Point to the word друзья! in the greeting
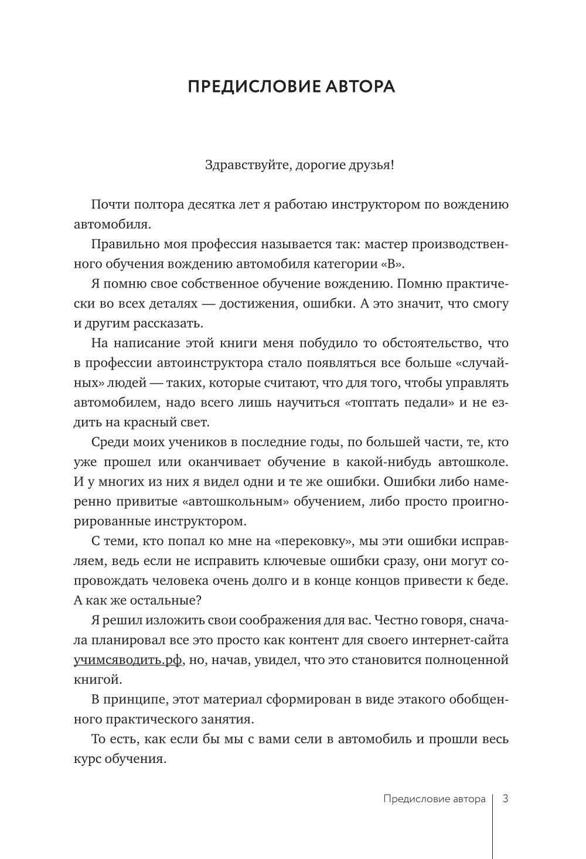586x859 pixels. point(372,165)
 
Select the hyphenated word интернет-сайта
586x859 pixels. point(458,641)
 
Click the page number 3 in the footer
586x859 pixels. point(505,799)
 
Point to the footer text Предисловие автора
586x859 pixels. point(434,799)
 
